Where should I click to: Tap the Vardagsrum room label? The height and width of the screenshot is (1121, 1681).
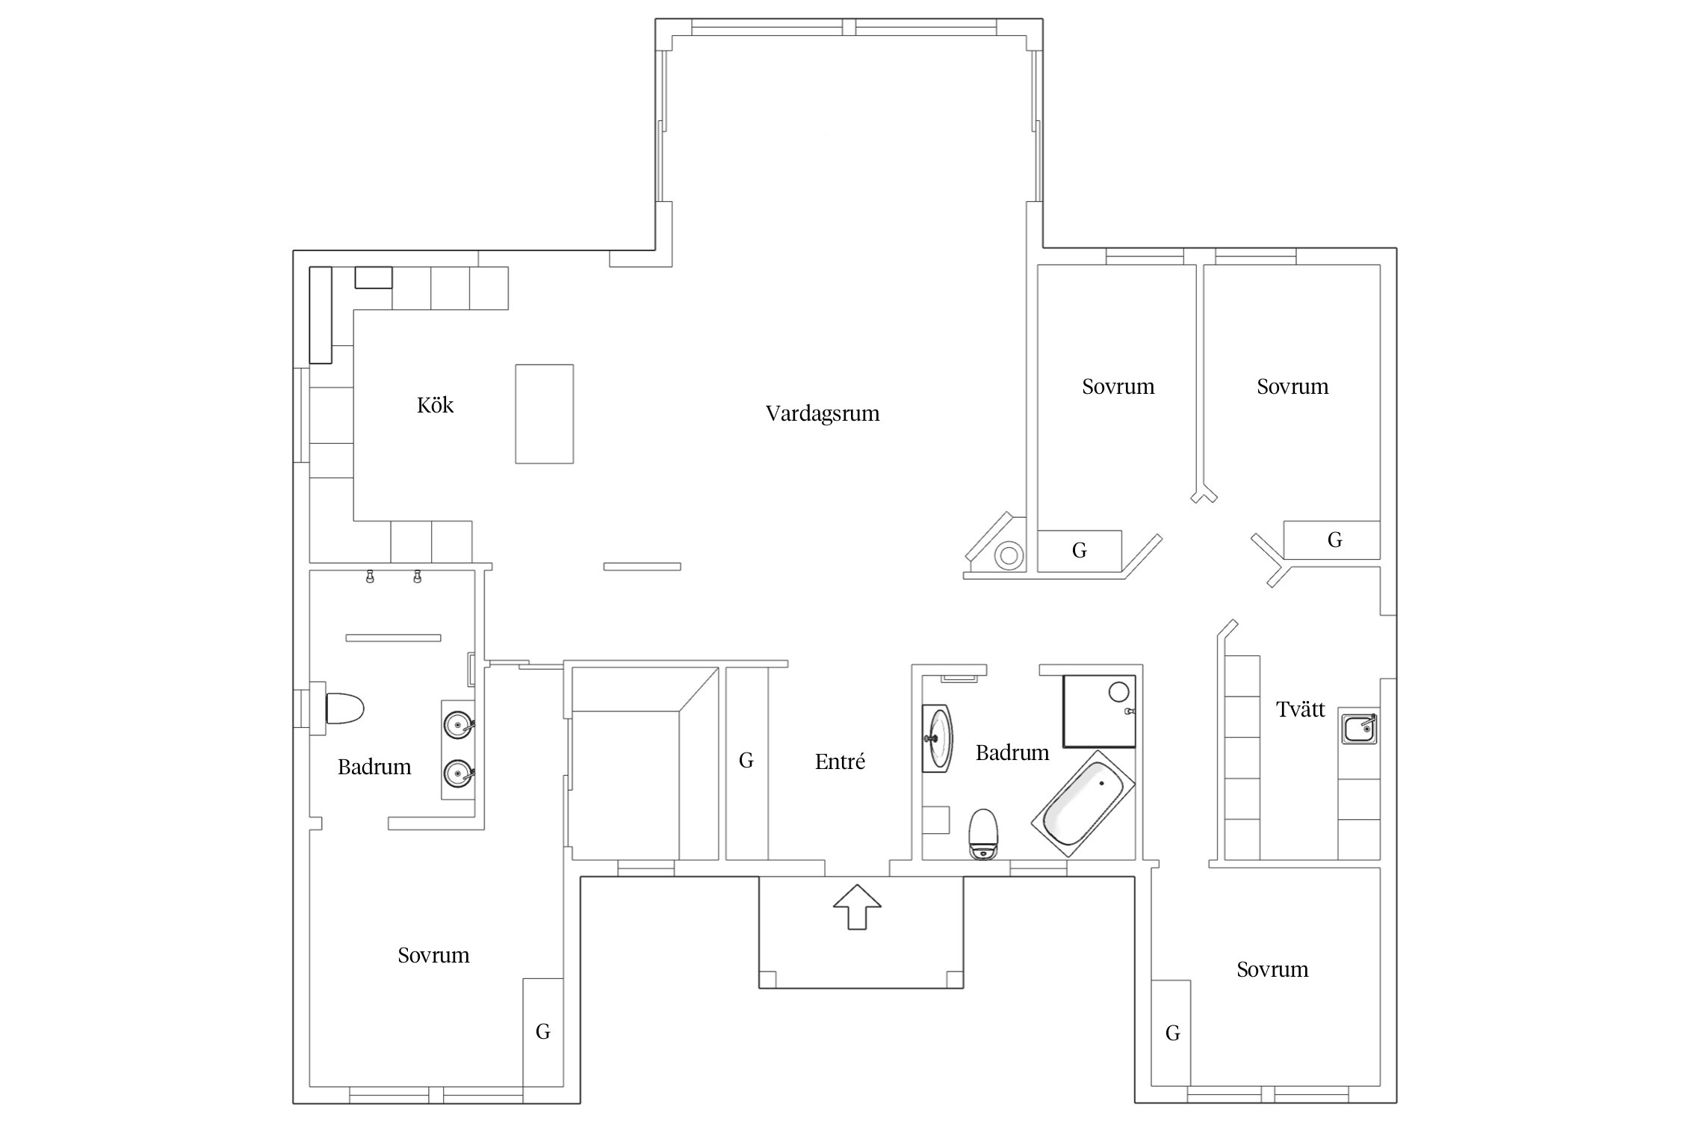[823, 414]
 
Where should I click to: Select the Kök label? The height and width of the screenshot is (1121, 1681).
[435, 405]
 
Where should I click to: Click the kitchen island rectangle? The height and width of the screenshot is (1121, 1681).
[545, 414]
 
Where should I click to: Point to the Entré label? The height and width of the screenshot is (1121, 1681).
[840, 762]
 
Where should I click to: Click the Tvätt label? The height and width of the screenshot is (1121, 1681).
[1301, 709]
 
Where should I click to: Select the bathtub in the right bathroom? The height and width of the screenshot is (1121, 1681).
[1083, 803]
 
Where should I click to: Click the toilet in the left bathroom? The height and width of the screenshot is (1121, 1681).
[344, 708]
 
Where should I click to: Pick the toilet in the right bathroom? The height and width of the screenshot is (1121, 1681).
[983, 834]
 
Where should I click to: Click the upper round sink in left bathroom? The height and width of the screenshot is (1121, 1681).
[458, 724]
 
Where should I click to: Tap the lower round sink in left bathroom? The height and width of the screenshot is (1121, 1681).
[458, 773]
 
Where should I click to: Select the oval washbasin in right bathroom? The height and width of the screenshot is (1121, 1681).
[938, 738]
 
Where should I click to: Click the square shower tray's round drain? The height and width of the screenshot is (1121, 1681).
[1118, 691]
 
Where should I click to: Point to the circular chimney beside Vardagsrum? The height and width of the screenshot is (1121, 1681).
[1009, 555]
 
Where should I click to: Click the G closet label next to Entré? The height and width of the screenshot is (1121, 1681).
[746, 761]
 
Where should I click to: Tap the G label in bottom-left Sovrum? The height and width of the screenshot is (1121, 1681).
[543, 1032]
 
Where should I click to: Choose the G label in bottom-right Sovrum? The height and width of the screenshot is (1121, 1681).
[1173, 1034]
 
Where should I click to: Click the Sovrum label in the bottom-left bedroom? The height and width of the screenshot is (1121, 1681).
[433, 955]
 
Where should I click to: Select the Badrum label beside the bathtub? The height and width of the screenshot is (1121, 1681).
[1012, 753]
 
